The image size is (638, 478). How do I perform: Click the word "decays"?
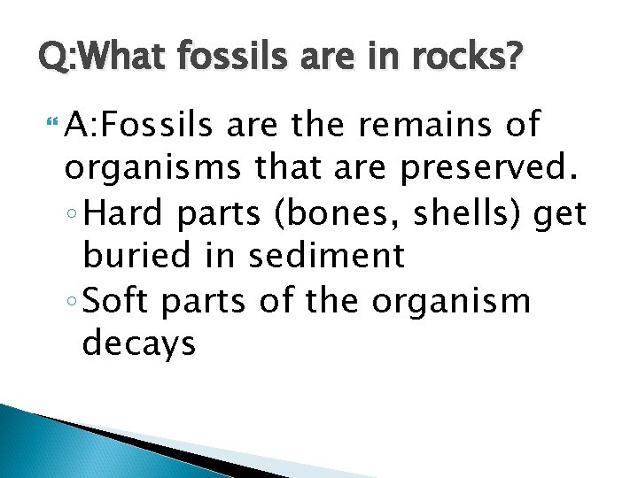point(138,343)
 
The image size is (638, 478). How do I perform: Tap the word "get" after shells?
point(563,214)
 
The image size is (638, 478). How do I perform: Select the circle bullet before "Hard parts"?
point(73,215)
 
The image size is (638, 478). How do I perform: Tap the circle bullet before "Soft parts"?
point(73,302)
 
